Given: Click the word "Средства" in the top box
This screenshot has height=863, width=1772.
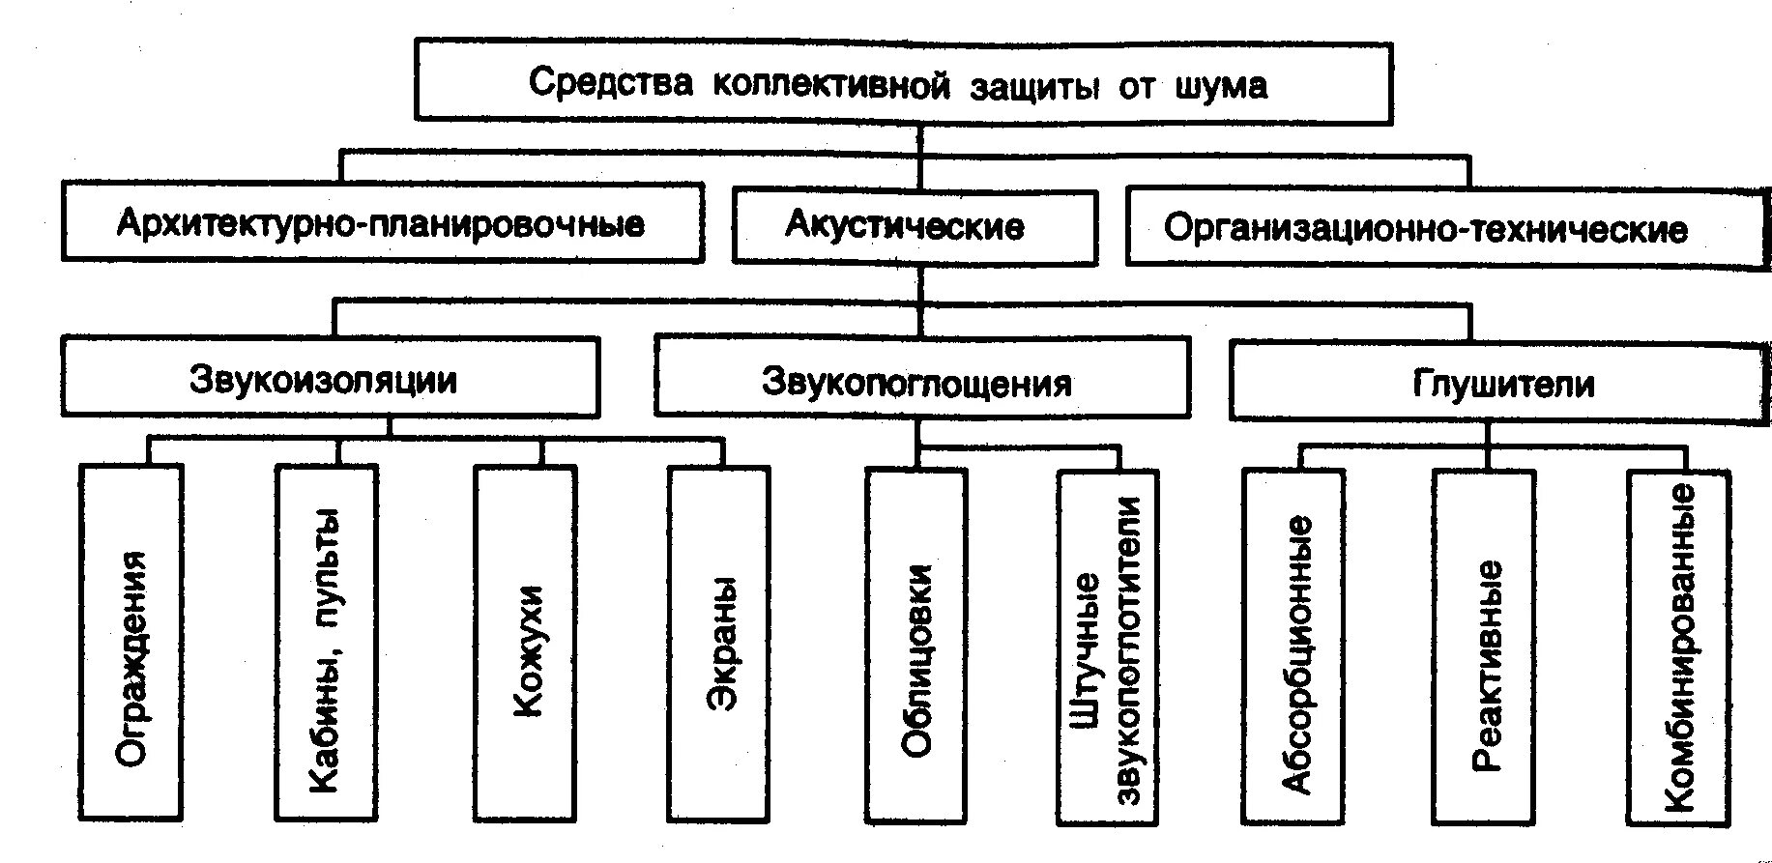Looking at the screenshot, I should [611, 84].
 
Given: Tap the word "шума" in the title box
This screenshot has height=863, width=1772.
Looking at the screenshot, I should [1220, 86].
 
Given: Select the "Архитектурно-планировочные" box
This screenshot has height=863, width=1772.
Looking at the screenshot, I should [381, 224].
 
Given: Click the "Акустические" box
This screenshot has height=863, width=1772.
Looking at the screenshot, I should [904, 227].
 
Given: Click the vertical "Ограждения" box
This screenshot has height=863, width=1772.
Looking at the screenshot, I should [131, 644].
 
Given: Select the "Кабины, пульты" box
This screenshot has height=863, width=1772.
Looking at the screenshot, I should [326, 644].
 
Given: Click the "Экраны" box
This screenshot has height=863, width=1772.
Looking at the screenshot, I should [720, 644].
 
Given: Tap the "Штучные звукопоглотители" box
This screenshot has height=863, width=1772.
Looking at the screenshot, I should [1107, 647].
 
